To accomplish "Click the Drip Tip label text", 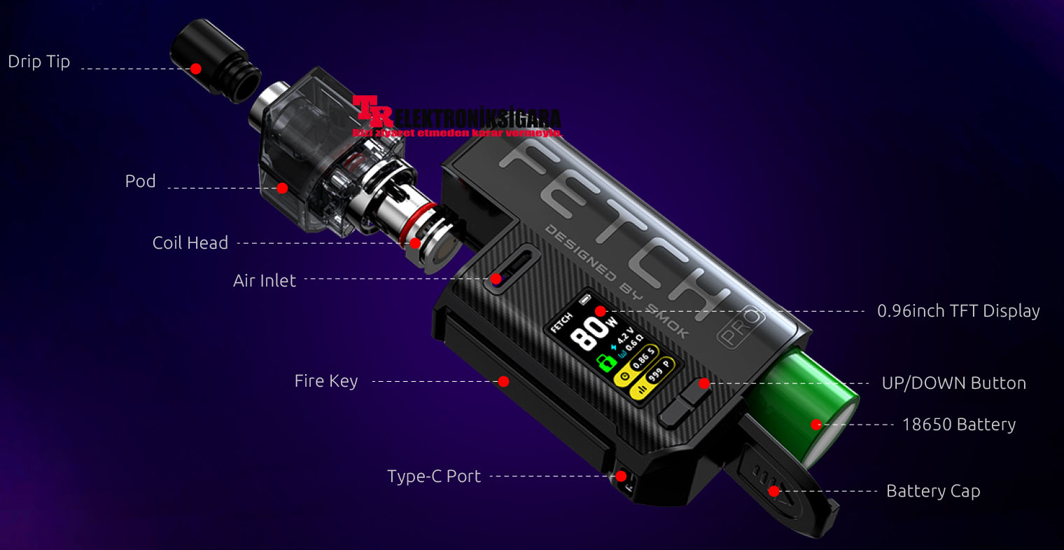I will pos(39,62).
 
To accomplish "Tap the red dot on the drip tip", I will pos(196,69).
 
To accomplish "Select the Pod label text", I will pos(140,181).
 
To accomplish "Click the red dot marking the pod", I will pos(282,188).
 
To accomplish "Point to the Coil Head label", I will pos(190,243).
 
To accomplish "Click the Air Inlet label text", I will pos(265,281).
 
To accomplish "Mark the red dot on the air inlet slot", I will pos(496,279).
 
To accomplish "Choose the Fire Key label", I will pos(326,381).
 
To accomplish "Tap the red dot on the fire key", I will pos(503,381).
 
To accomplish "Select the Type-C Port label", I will pos(434,476).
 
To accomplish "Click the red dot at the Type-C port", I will pos(621,476).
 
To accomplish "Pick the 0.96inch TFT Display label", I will pos(958,311).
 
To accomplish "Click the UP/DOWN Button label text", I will pos(953,383).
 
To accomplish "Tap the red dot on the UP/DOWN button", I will pos(704,383).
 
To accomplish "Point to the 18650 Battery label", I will pos(958,425).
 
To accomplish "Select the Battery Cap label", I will pos(933,491).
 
